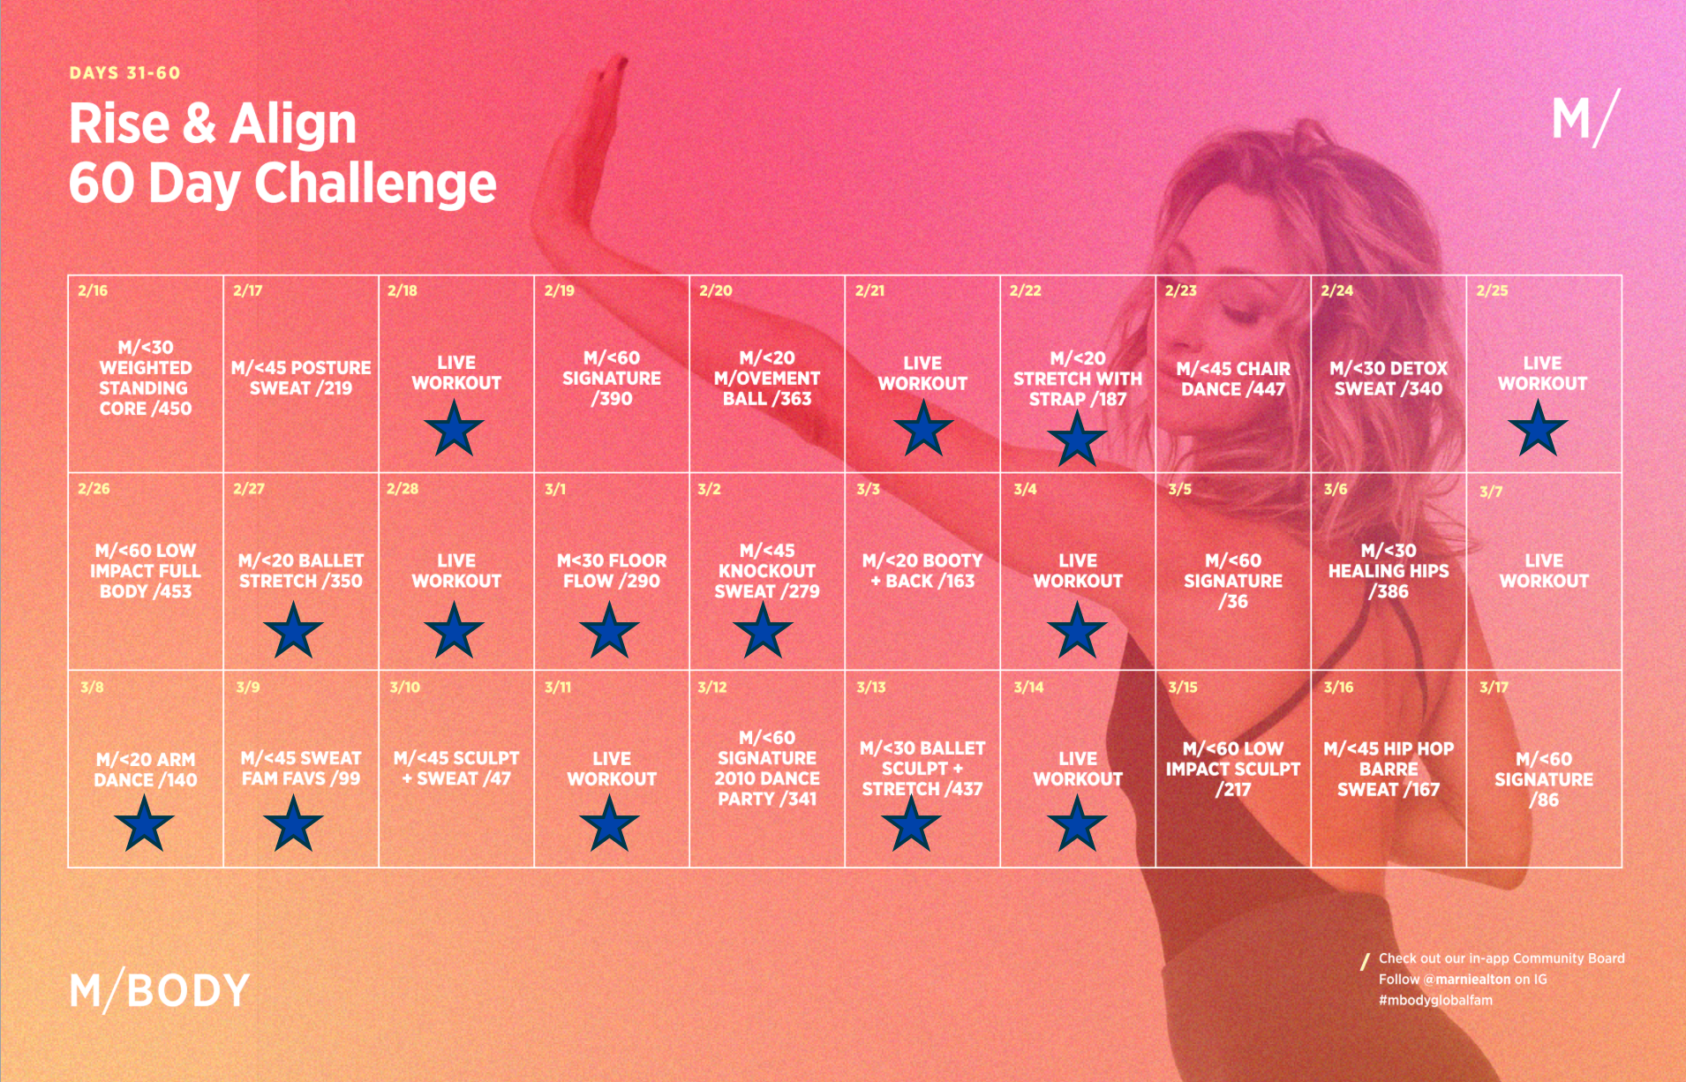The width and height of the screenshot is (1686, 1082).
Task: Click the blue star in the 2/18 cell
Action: [454, 428]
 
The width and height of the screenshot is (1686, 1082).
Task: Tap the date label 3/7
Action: [1490, 492]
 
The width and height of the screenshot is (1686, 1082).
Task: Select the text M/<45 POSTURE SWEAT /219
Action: [301, 378]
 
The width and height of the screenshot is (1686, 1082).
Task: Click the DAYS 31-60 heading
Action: [124, 73]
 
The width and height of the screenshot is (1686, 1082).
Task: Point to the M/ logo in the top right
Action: [1586, 118]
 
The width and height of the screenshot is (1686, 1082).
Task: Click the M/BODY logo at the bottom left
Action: [160, 991]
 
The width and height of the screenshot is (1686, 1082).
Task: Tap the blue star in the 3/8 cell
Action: [144, 823]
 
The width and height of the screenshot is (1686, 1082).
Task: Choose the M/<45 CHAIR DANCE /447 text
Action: [1233, 379]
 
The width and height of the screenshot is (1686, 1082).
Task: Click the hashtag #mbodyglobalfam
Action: [1435, 1000]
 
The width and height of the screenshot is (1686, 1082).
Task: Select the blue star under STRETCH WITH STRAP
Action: [1077, 438]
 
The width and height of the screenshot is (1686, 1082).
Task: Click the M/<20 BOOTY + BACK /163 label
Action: [922, 570]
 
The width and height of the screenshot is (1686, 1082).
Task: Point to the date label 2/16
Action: [93, 290]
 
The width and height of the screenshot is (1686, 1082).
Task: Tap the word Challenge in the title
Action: [375, 184]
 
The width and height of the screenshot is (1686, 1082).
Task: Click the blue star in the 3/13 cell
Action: [911, 823]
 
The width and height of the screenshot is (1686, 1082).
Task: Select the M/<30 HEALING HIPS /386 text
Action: [1389, 571]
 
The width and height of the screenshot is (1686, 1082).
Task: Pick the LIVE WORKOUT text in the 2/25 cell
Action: [1542, 373]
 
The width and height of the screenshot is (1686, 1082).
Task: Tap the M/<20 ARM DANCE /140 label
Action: [146, 770]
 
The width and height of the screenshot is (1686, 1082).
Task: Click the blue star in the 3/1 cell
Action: [609, 630]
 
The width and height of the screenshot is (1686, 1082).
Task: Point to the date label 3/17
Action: [1494, 687]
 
